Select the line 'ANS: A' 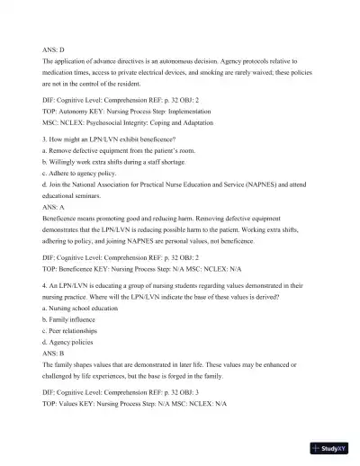(54, 206)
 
